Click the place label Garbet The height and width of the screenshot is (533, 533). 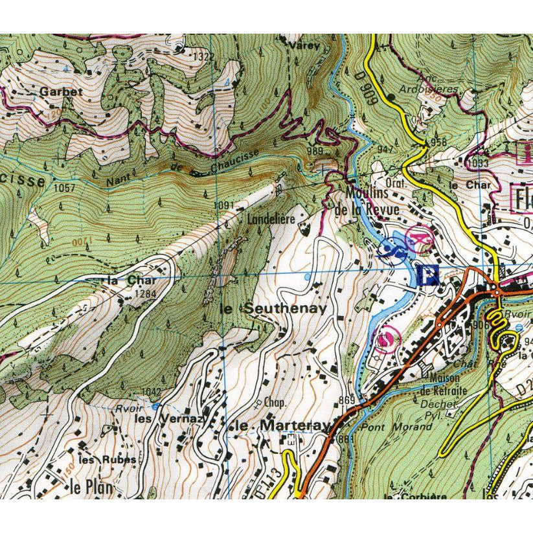click(x=61, y=92)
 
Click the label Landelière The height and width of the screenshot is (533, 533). click(x=271, y=220)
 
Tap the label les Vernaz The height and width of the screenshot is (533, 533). click(x=161, y=419)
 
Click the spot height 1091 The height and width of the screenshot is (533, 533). click(x=223, y=206)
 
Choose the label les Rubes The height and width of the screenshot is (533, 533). click(x=107, y=459)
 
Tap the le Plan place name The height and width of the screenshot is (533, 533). click(x=91, y=487)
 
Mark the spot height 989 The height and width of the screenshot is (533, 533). click(x=315, y=150)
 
